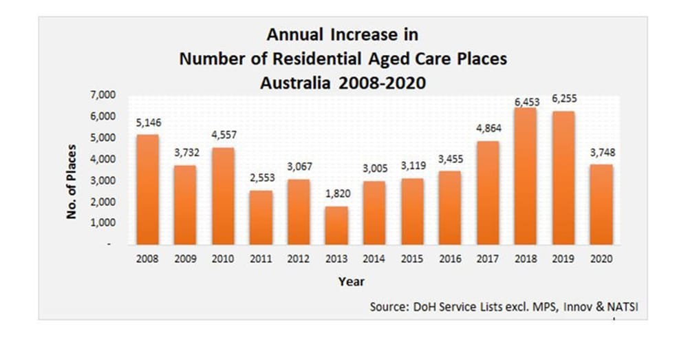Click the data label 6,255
click(x=563, y=99)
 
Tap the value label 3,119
click(x=412, y=166)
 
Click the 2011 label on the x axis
click(x=260, y=260)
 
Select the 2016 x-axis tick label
click(x=449, y=260)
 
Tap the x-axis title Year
click(x=351, y=282)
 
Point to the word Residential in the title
click(x=332, y=59)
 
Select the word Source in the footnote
click(x=387, y=307)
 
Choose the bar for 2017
click(x=487, y=193)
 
